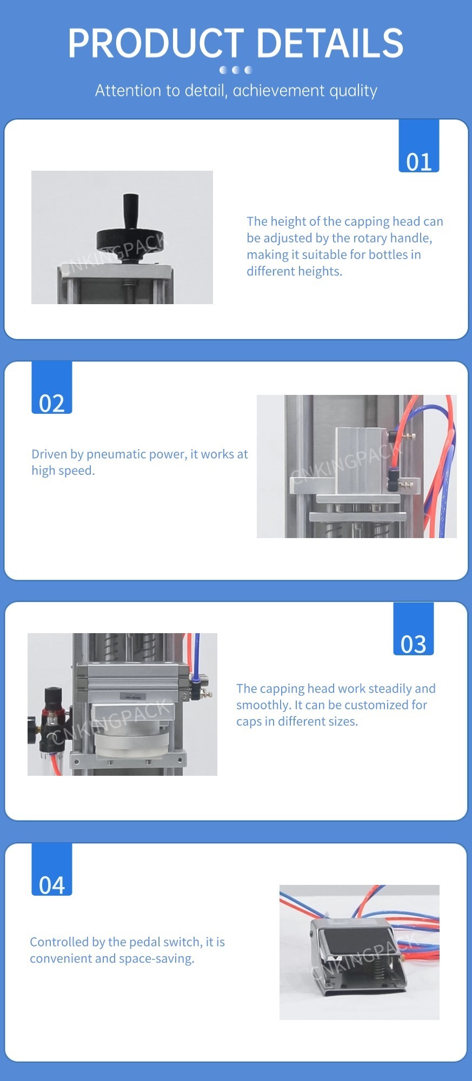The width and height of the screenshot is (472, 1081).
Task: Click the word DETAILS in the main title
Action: tap(330, 43)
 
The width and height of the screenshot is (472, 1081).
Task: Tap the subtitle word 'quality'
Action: tap(353, 91)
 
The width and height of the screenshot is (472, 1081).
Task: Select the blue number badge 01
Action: tap(419, 146)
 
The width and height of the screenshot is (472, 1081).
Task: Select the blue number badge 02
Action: tap(52, 387)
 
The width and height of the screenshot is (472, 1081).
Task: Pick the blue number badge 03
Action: tap(414, 629)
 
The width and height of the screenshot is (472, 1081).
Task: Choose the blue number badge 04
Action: tap(52, 869)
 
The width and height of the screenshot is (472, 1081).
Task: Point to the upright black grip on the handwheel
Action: tap(130, 211)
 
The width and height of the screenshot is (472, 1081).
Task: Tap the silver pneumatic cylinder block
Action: tap(362, 459)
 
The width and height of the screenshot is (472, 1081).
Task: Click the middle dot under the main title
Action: tap(236, 70)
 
